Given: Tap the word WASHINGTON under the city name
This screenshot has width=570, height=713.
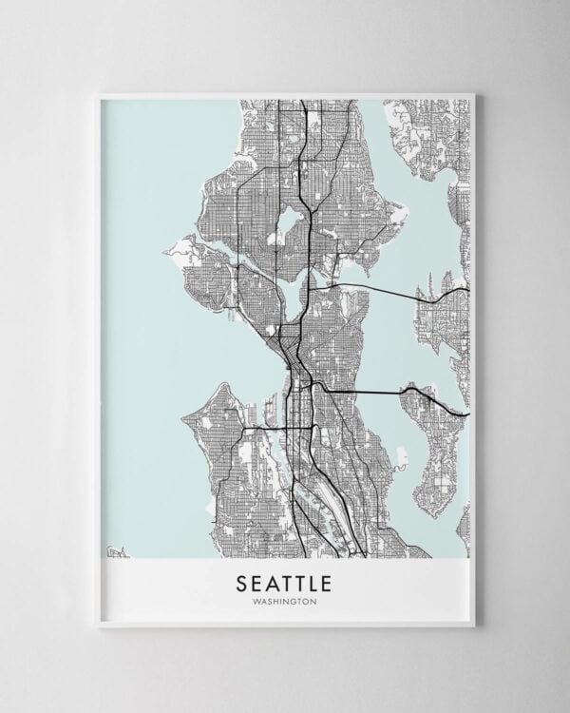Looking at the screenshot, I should (285, 600).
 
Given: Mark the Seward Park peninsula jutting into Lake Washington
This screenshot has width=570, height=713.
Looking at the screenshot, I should (403, 472).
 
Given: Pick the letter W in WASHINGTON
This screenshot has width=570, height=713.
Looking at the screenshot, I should (256, 600).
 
